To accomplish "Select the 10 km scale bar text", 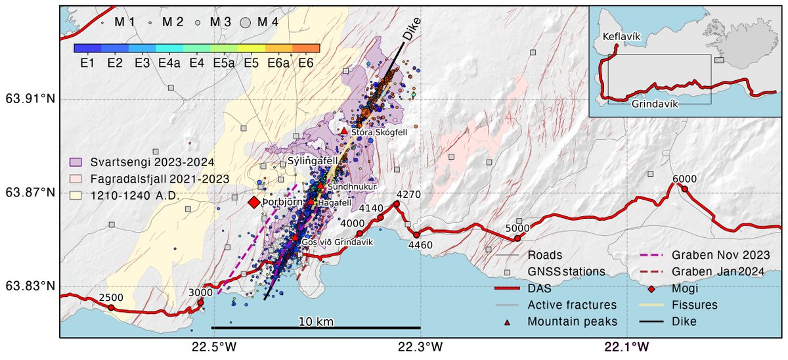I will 315,321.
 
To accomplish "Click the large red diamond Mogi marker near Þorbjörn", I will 253,203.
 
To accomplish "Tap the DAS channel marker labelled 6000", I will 684,189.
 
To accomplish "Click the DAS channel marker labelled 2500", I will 111,307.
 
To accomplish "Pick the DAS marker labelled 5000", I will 517,238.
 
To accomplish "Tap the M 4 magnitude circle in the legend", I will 246,22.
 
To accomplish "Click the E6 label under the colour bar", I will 305,63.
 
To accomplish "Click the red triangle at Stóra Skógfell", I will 343,131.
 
